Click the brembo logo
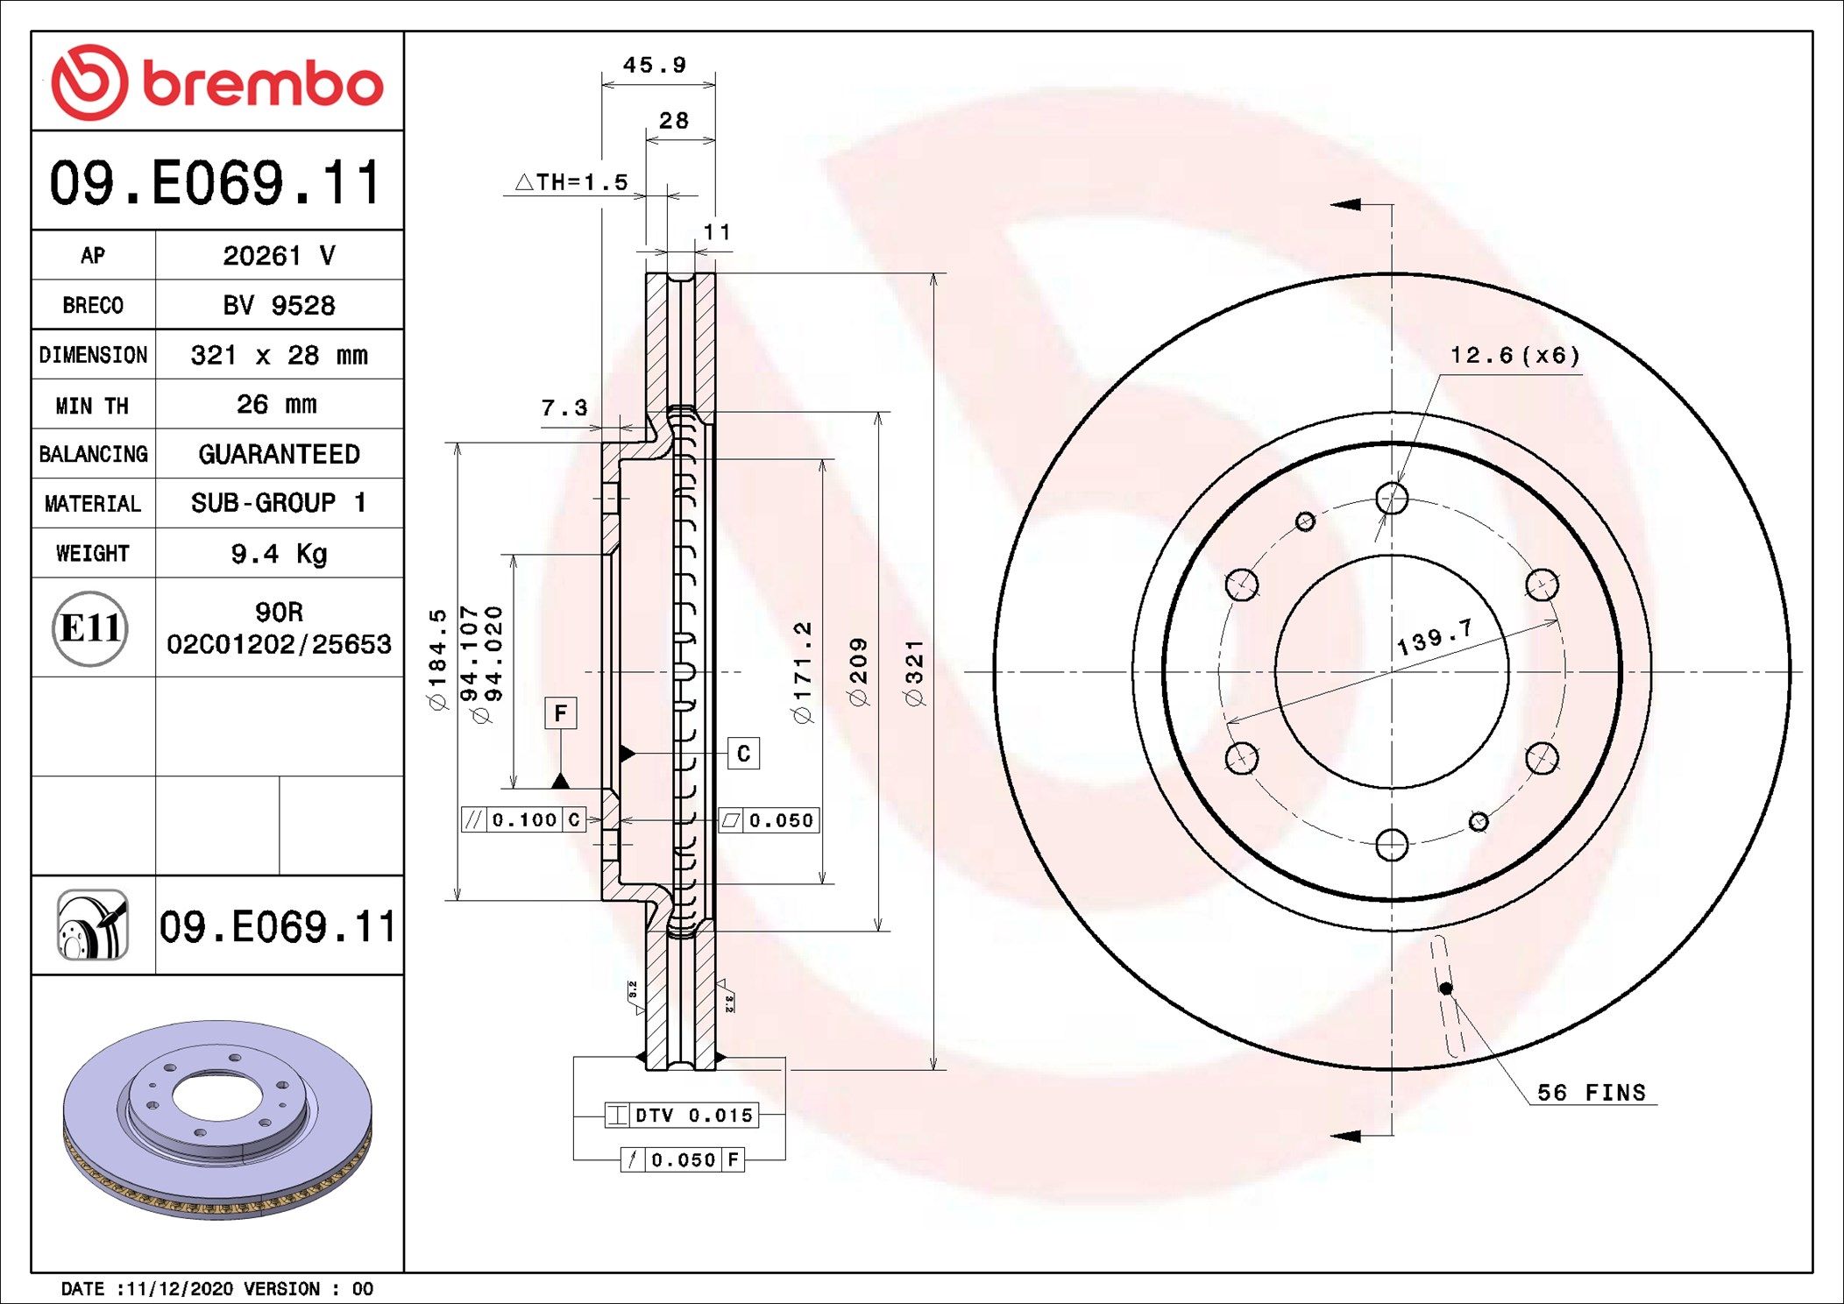(x=216, y=82)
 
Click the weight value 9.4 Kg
(x=279, y=553)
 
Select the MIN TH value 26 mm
(x=277, y=404)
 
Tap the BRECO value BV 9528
(x=279, y=305)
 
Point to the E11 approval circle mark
(x=90, y=628)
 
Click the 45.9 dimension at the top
(x=655, y=66)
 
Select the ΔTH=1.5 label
(x=572, y=182)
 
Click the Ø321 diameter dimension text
(x=914, y=672)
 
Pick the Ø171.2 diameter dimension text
(x=802, y=672)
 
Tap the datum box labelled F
(x=560, y=712)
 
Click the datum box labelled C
(x=743, y=754)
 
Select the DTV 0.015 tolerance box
(x=681, y=1116)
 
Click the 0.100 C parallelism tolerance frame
(x=524, y=819)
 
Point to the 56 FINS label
(x=1592, y=1092)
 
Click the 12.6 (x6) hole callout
(x=1514, y=355)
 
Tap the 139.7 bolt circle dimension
(x=1434, y=637)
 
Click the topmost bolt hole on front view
(x=1392, y=498)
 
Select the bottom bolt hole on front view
(x=1392, y=845)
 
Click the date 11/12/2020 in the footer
(x=180, y=1288)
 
